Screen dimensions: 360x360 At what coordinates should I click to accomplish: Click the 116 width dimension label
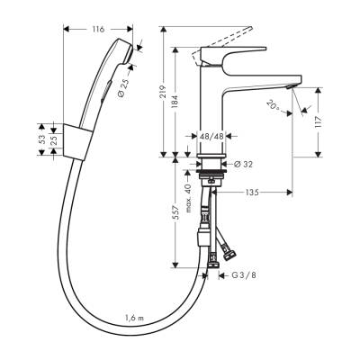(x=100, y=31)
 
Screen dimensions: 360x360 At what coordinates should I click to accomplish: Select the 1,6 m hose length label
(x=137, y=317)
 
